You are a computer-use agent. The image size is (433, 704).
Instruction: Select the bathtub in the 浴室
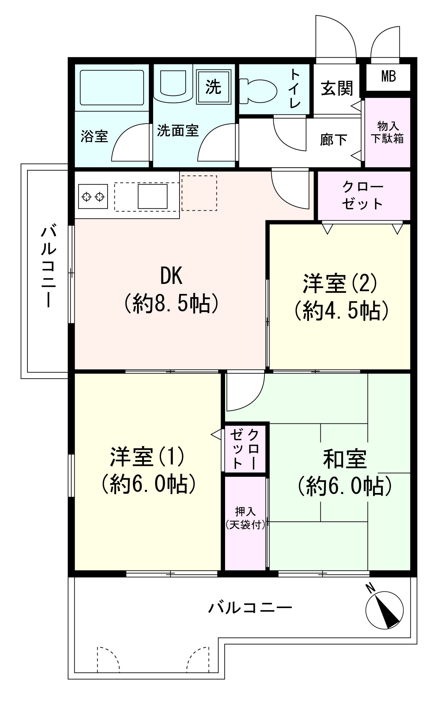(112, 87)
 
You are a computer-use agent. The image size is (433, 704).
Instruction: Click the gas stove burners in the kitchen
(93, 197)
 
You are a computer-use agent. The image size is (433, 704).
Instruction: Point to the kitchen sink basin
(152, 196)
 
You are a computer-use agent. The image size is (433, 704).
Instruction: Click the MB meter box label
(388, 77)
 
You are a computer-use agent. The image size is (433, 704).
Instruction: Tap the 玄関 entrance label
(337, 88)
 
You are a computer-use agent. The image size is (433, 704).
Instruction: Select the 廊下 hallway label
(333, 140)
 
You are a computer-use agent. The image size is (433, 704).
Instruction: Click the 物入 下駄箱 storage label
(387, 132)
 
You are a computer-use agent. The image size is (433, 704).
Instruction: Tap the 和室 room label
(345, 459)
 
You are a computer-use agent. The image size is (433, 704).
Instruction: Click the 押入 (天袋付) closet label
(245, 518)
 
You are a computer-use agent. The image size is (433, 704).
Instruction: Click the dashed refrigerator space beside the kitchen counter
(199, 193)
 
